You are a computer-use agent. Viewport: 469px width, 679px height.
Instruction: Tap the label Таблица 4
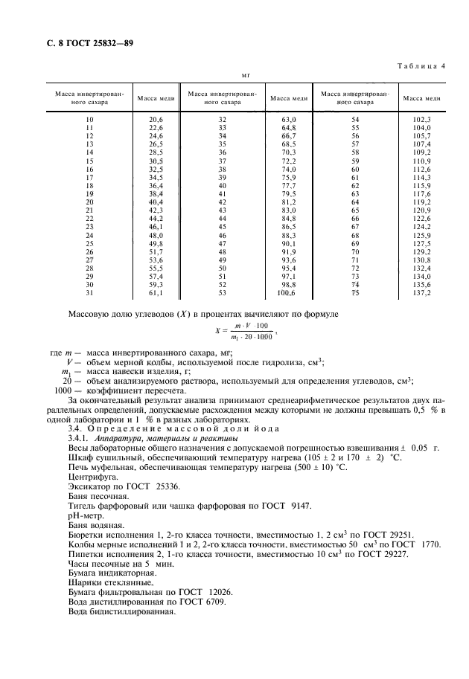[418, 66]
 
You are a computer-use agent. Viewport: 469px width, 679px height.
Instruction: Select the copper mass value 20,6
[156, 119]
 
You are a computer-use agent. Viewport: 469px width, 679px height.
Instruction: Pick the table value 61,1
[156, 294]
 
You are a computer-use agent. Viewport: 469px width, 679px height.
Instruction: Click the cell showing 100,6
[287, 294]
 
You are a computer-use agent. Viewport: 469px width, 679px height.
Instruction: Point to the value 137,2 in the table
[421, 294]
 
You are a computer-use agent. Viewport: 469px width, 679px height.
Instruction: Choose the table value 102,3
[421, 119]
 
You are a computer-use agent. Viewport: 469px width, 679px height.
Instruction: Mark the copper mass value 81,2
[288, 202]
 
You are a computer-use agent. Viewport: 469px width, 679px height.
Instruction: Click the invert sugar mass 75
[355, 294]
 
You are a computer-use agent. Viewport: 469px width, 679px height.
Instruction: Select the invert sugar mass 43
[222, 210]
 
